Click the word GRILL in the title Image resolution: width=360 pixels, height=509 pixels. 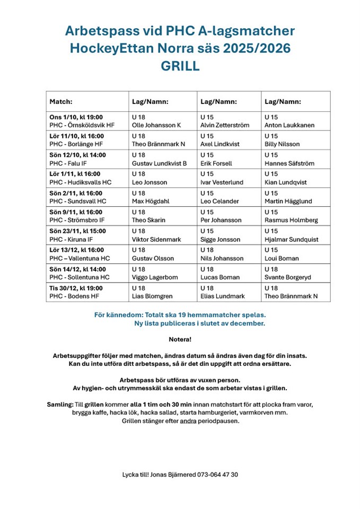coord(180,66)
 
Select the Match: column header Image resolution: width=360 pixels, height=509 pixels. coord(61,101)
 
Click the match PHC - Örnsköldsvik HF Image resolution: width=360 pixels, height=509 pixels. coord(82,125)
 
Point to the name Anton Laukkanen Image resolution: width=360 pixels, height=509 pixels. coord(289,125)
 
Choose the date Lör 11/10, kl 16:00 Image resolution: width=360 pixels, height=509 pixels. coord(77,136)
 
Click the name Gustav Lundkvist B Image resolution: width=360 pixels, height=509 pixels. coord(159,163)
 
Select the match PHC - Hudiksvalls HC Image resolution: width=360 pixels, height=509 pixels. coord(81,182)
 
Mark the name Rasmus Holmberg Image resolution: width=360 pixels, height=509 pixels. coord(292,220)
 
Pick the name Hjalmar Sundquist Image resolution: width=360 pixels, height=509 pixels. coord(292,239)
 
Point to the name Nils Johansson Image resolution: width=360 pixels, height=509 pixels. coord(222,258)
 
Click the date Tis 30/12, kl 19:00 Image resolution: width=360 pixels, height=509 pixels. coord(76,288)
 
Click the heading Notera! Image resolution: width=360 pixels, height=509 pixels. coord(180,339)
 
